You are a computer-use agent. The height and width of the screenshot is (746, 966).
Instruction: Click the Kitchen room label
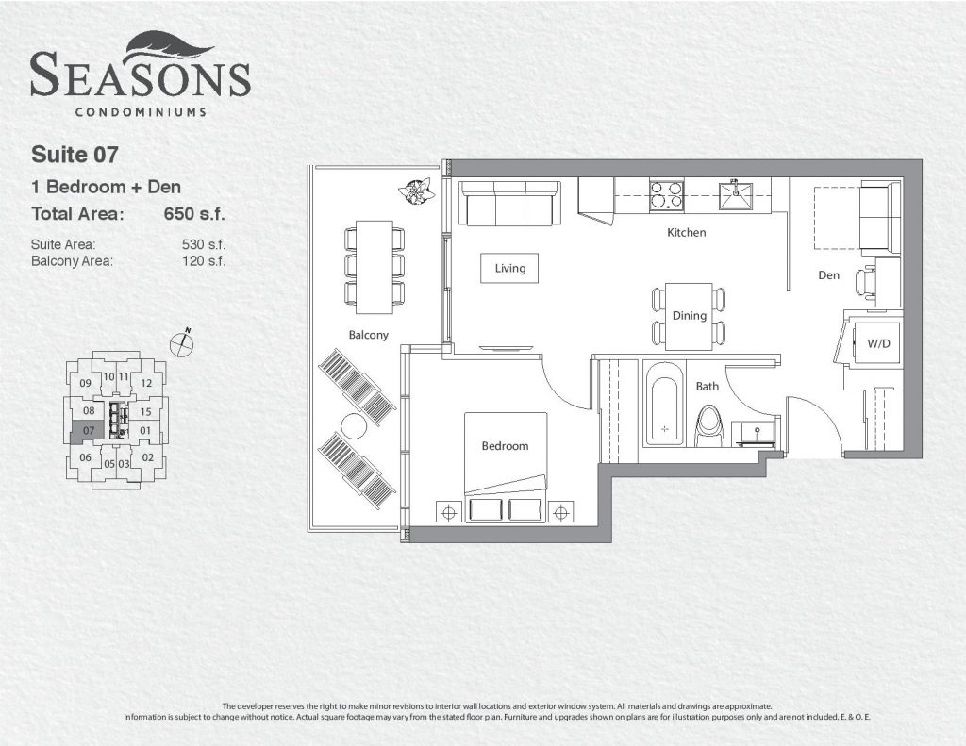pyautogui.click(x=687, y=233)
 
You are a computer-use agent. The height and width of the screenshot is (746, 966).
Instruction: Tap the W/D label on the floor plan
pyautogui.click(x=878, y=343)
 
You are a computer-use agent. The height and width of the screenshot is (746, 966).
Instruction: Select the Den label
pyautogui.click(x=828, y=275)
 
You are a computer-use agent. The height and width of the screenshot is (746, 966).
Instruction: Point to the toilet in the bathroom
pyautogui.click(x=707, y=425)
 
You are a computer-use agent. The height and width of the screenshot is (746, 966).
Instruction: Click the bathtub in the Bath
pyautogui.click(x=664, y=404)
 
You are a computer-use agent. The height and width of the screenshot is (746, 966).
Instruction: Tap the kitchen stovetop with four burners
pyautogui.click(x=666, y=194)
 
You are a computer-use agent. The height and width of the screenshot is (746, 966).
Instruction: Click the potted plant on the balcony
pyautogui.click(x=417, y=191)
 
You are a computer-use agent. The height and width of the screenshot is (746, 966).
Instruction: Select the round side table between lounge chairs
pyautogui.click(x=354, y=425)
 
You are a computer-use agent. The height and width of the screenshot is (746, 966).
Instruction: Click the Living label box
pyautogui.click(x=509, y=268)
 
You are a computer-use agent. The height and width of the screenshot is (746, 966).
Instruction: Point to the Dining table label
pyautogui.click(x=689, y=316)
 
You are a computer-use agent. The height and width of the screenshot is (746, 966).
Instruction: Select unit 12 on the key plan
pyautogui.click(x=146, y=383)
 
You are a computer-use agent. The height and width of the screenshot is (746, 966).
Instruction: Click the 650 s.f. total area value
pyautogui.click(x=194, y=214)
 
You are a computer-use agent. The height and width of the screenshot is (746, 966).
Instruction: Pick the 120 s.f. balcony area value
pyautogui.click(x=204, y=260)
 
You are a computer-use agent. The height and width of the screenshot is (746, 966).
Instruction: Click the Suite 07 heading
pyautogui.click(x=75, y=155)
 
